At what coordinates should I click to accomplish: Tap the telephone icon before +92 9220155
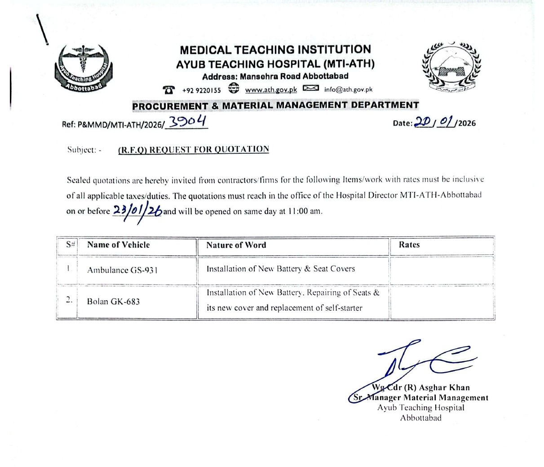click(169, 89)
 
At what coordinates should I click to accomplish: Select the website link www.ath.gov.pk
click(271, 89)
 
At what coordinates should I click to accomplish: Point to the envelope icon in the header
click(311, 88)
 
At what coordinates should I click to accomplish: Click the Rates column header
click(409, 245)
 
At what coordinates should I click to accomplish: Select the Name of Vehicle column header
click(118, 245)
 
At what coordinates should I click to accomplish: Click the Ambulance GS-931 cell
click(122, 270)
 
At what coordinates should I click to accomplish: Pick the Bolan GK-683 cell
click(113, 301)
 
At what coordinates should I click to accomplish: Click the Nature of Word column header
click(236, 245)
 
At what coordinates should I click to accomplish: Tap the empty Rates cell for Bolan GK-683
click(442, 301)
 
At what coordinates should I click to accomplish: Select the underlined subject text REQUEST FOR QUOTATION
click(194, 150)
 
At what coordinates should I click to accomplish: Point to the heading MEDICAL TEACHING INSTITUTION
click(275, 49)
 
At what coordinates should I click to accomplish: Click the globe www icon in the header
click(234, 88)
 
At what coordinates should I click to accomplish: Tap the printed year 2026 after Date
click(467, 123)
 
